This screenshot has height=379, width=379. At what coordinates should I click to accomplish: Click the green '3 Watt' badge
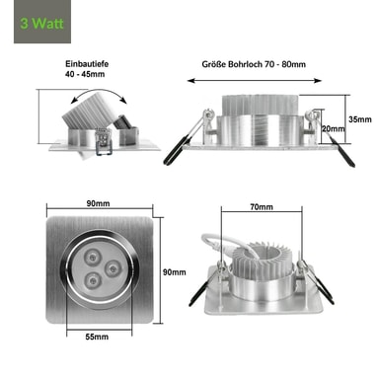click(42, 22)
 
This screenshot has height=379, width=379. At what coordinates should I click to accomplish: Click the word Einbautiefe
click(87, 64)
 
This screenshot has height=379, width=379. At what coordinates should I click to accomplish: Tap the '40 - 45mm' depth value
click(85, 74)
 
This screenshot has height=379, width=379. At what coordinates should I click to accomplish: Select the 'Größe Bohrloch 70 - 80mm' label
click(254, 64)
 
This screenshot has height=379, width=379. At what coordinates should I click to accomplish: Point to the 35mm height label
click(360, 119)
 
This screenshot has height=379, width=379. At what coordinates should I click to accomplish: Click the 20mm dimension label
click(334, 128)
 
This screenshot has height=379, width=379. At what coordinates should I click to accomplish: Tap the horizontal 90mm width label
click(98, 203)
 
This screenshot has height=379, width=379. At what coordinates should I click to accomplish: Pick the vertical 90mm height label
click(175, 272)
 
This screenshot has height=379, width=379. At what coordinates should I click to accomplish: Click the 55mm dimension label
click(97, 337)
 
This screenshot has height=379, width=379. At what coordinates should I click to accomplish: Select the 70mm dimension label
click(262, 207)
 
